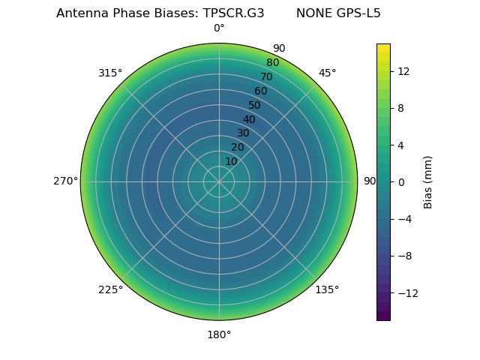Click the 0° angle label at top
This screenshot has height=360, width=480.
pyautogui.click(x=219, y=28)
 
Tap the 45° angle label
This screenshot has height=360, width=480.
pyautogui.click(x=327, y=73)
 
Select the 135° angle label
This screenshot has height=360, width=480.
pyautogui.click(x=327, y=289)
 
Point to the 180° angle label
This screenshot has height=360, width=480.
pyautogui.click(x=219, y=334)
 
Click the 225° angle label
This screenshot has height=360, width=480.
pyautogui.click(x=110, y=289)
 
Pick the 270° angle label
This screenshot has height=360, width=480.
pyautogui.click(x=65, y=181)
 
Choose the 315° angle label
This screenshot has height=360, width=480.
pyautogui.click(x=110, y=73)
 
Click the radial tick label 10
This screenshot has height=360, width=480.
pyautogui.click(x=231, y=161)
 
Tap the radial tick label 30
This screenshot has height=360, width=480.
pyautogui.click(x=243, y=133)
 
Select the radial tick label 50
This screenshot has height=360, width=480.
pyautogui.click(x=255, y=105)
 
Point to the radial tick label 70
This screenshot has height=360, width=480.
pyautogui.click(x=266, y=76)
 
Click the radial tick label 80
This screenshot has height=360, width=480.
pyautogui.click(x=272, y=62)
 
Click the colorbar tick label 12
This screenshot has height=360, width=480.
pyautogui.click(x=403, y=71)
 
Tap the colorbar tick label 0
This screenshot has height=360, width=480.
pyautogui.click(x=400, y=181)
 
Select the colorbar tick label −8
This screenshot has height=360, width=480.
pyautogui.click(x=403, y=256)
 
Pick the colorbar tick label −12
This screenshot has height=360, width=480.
pyautogui.click(x=406, y=292)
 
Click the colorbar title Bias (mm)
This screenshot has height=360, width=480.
pyautogui.click(x=428, y=181)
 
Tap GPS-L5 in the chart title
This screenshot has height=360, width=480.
pyautogui.click(x=355, y=13)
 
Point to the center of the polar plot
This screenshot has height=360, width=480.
pyautogui.click(x=219, y=181)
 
